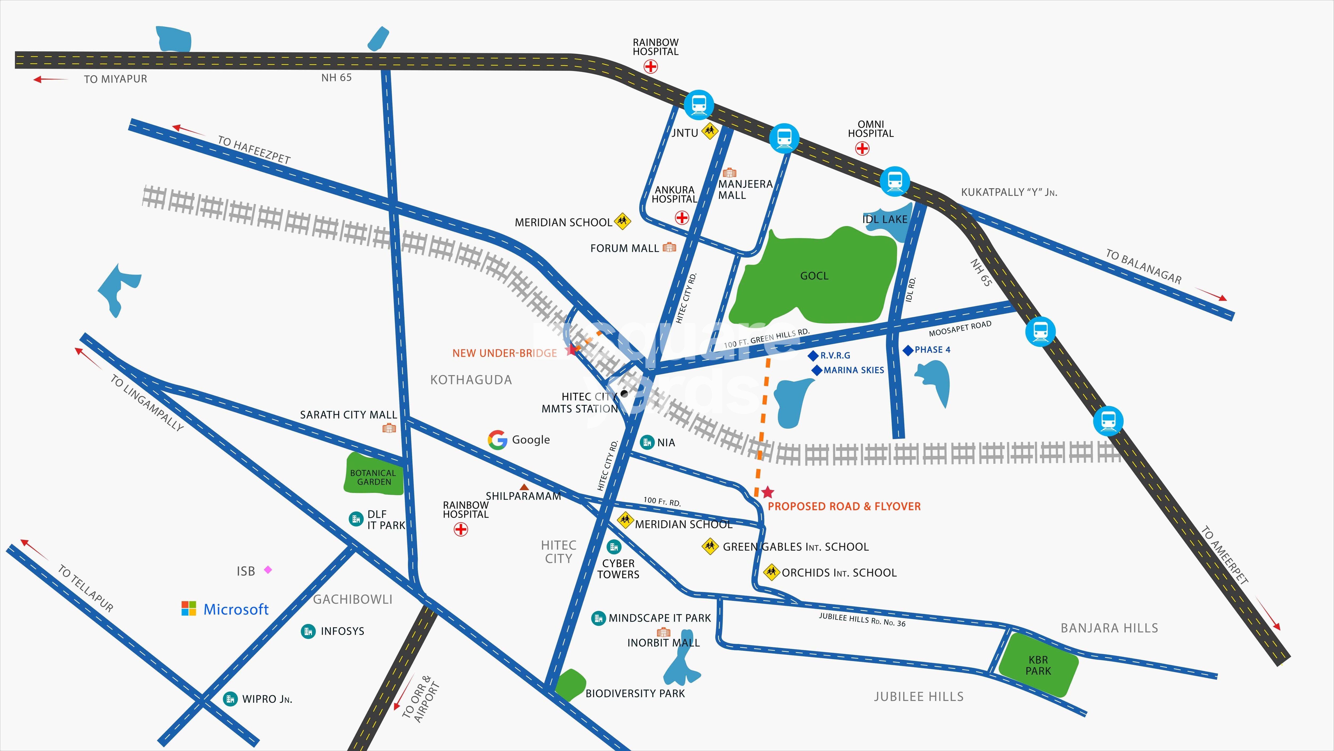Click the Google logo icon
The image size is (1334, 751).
pos(497,439)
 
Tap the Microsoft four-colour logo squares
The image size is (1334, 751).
pos(189,608)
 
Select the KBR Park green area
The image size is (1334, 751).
pos(1038,665)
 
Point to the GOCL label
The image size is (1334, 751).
pos(814,276)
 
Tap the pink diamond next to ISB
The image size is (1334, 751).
pos(268,570)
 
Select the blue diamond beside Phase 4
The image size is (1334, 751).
pos(908,350)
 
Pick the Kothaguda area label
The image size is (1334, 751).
pos(471,380)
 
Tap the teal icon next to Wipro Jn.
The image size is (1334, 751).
pos(230,699)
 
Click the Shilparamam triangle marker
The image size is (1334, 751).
pos(524,487)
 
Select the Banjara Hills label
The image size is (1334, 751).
pos(1109,628)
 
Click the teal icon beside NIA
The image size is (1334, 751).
pos(647,442)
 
